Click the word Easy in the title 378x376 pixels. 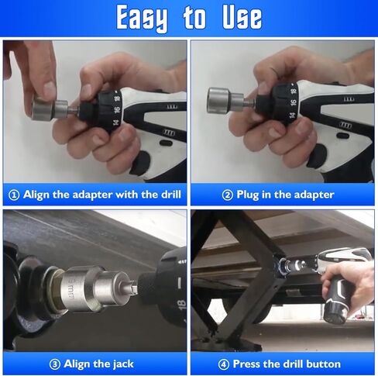pos(142,19)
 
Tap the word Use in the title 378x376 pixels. pos(242,17)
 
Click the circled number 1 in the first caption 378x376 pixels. pos(14,195)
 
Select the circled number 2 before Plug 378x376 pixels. pos(228,195)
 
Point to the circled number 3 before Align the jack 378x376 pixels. pos(55,364)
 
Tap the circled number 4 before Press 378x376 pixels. pos(224,364)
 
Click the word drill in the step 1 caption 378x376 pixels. pos(171,195)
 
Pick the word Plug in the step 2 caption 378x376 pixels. pos(248,195)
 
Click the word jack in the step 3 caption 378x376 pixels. pos(122,364)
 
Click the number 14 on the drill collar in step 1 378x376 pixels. pos(116,122)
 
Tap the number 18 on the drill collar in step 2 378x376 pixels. pos(293,91)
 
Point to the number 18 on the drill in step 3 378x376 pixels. pos(181,305)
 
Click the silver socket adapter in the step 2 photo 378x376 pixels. pos(225,100)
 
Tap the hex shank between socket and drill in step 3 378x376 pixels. pos(133,287)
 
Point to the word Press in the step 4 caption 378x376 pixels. pos(246,364)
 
